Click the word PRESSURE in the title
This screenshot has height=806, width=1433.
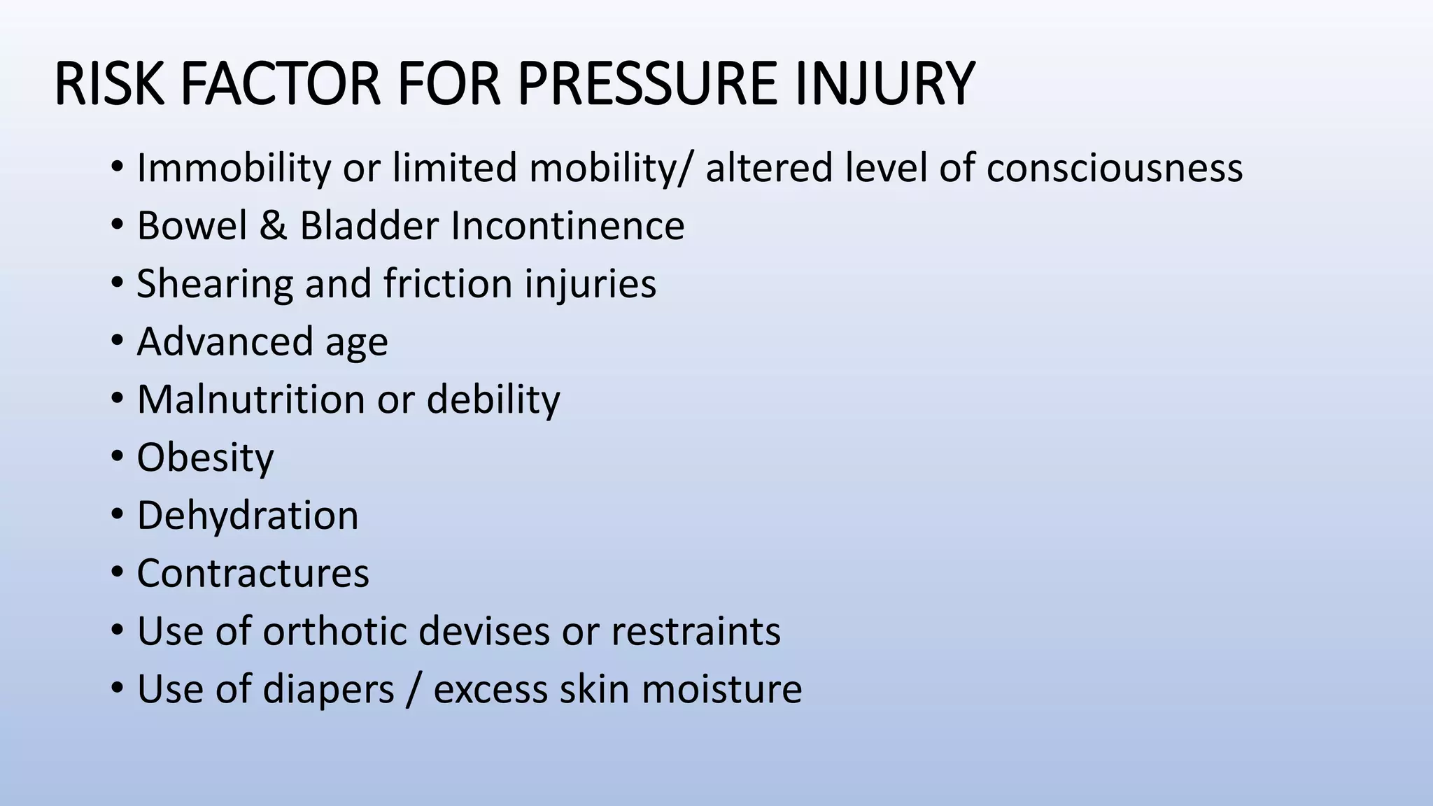pyautogui.click(x=647, y=84)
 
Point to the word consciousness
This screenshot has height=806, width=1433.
pyautogui.click(x=1114, y=168)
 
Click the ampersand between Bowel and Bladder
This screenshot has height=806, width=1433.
pyautogui.click(x=273, y=226)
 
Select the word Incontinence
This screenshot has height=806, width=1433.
pyautogui.click(x=567, y=226)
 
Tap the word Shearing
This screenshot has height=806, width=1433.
pyautogui.click(x=215, y=284)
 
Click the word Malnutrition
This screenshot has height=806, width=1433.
pyautogui.click(x=250, y=400)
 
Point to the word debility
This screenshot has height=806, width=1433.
pyautogui.click(x=493, y=400)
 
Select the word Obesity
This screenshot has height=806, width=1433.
pyautogui.click(x=205, y=458)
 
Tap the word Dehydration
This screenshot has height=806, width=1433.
pyautogui.click(x=247, y=516)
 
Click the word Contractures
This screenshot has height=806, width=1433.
pyautogui.click(x=253, y=574)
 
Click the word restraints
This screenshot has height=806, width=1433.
pyautogui.click(x=696, y=631)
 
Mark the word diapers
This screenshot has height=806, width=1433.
pyautogui.click(x=329, y=690)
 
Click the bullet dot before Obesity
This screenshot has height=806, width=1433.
pyautogui.click(x=117, y=458)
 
